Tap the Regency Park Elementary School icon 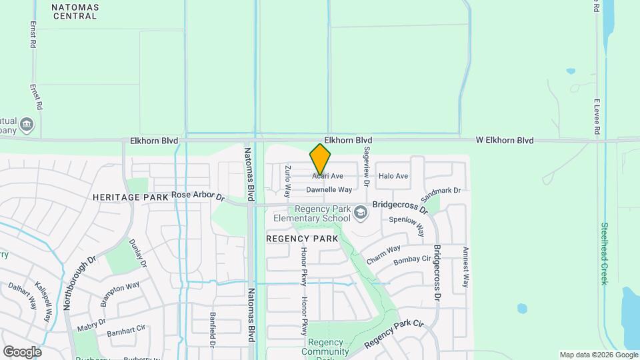(x=361, y=213)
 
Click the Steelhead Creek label (x=604, y=253)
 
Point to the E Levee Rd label (x=597, y=117)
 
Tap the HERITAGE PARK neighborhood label (x=131, y=197)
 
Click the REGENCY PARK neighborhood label (x=302, y=238)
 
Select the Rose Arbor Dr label (x=199, y=196)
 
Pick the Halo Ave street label (x=393, y=176)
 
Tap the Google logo (x=22, y=351)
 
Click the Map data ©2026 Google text (x=599, y=355)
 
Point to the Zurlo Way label (x=288, y=181)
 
